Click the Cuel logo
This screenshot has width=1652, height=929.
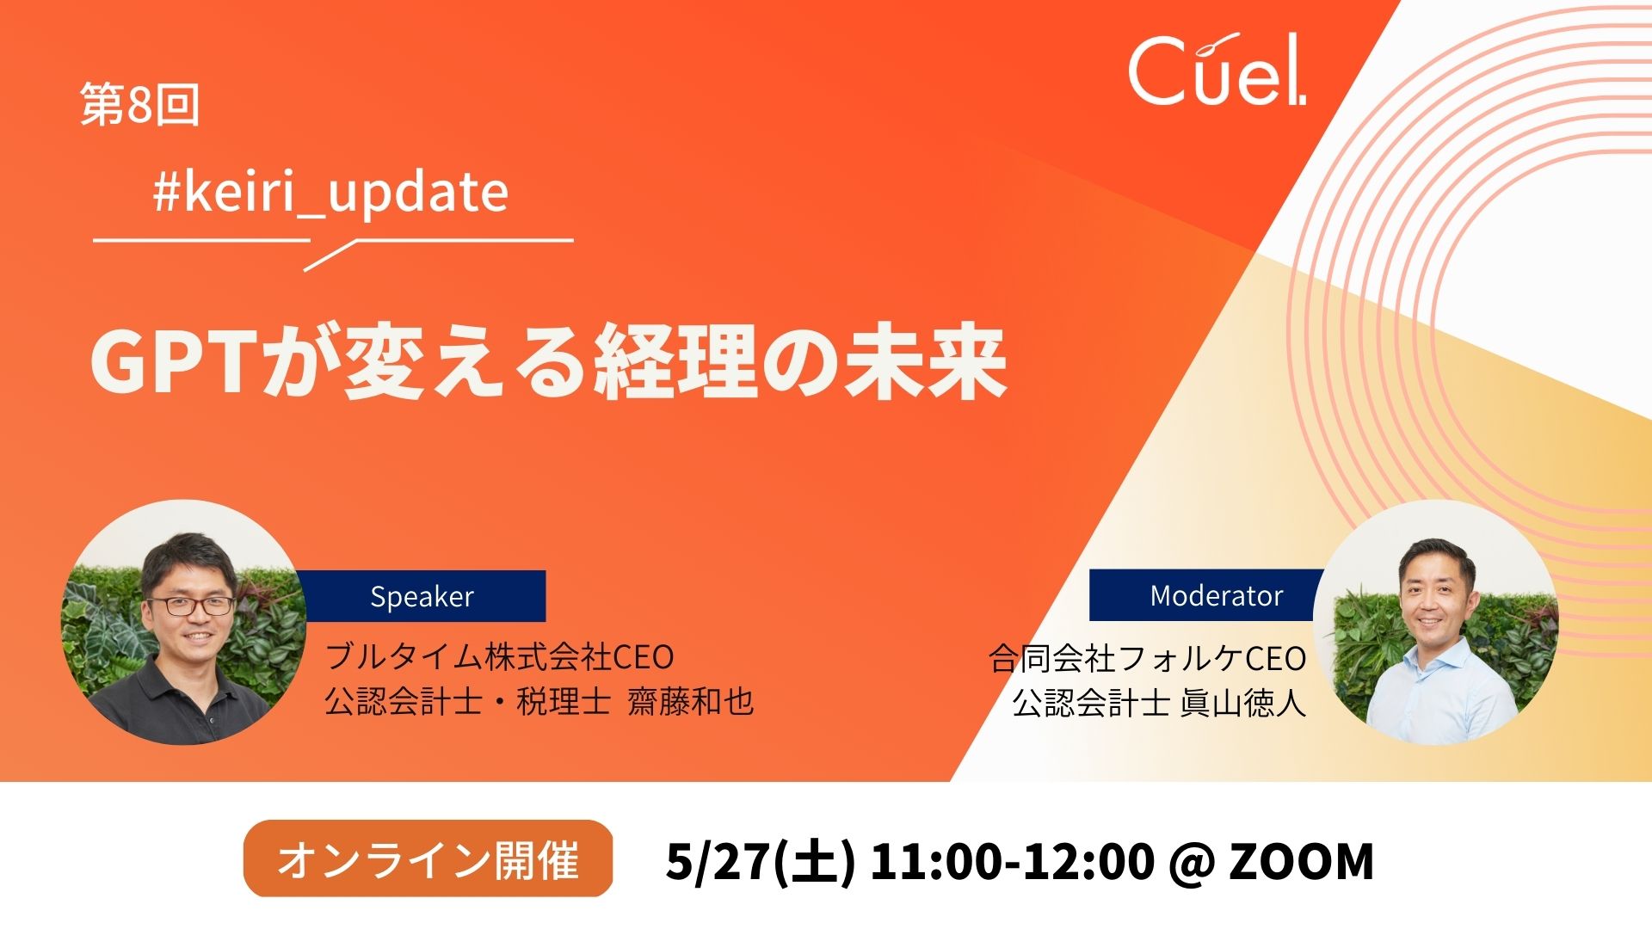(1217, 70)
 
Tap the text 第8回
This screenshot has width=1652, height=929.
(140, 105)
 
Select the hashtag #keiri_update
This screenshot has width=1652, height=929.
(330, 193)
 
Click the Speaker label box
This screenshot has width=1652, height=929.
(422, 596)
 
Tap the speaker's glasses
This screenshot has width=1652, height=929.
(190, 605)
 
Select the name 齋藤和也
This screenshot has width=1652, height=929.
(691, 702)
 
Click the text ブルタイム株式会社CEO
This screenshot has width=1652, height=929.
(499, 657)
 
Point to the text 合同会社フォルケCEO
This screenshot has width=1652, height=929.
(1148, 659)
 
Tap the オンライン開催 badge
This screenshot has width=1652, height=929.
(428, 859)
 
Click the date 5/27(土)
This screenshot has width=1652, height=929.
(761, 861)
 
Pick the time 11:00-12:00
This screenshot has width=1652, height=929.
(1012, 861)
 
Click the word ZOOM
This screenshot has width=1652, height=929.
(1300, 861)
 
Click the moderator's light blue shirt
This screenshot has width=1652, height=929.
(1437, 688)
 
